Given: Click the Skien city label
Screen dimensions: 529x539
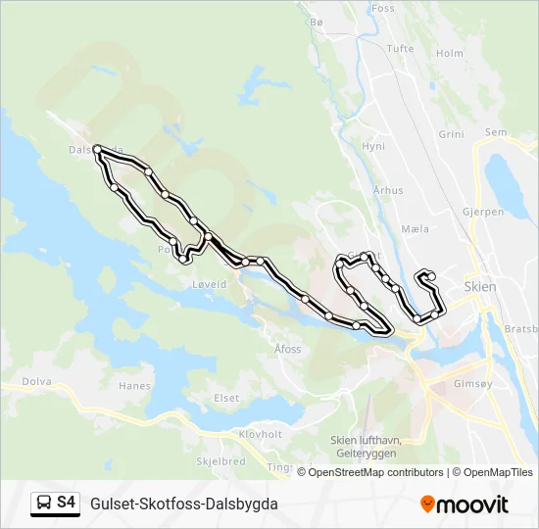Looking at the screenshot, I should coord(478,287).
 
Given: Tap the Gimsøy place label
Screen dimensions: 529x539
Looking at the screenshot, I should coord(473,384).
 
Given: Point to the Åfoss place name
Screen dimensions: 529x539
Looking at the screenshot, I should coord(288,348).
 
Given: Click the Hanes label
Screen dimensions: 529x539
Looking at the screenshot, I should coord(134,386).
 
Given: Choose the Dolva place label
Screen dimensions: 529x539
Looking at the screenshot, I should coord(35,382).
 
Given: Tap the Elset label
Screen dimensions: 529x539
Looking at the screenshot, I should coord(226,398).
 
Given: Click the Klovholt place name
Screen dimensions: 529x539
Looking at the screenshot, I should coord(260,434).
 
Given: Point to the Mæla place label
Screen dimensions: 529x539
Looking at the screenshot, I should coord(416,229).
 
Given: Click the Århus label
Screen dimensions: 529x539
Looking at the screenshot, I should coord(388,191).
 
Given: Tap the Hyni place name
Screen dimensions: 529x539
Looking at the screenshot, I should coord(373,146).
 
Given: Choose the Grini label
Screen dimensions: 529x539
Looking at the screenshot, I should coord(451,134).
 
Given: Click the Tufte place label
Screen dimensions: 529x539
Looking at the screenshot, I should coord(401,48).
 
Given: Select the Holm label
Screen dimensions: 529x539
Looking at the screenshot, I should coord(449,54).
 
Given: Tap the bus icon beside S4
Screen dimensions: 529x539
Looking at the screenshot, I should coord(43,503).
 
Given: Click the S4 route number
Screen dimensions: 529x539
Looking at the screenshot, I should coord(66,503).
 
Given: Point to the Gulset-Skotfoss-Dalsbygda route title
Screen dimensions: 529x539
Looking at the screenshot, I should coord(183,503).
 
